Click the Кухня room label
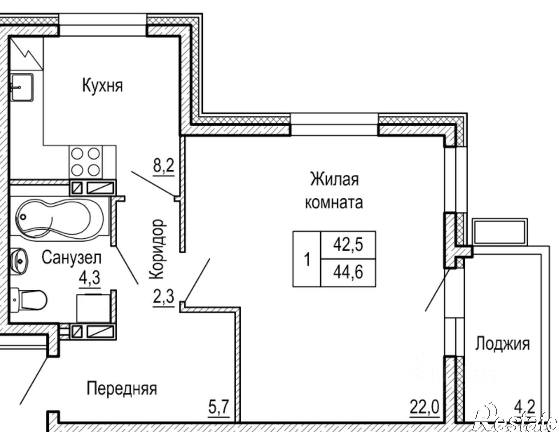[102, 85]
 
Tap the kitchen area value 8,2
[164, 166]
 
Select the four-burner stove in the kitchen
[86, 162]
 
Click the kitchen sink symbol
[22, 87]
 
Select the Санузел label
[71, 258]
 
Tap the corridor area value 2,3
[164, 297]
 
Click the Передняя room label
[122, 389]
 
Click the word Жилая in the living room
[334, 179]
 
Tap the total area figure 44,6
[348, 272]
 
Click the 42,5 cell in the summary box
[348, 245]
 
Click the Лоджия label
[503, 344]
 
